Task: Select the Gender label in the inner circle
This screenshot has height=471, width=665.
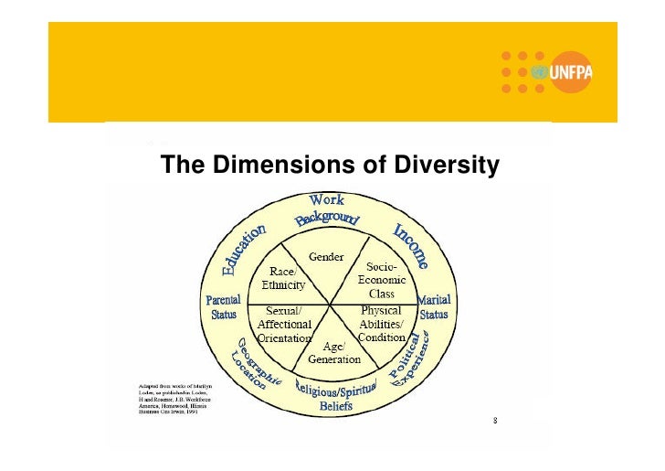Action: (x=326, y=257)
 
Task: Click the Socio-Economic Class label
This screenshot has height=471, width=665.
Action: (x=381, y=280)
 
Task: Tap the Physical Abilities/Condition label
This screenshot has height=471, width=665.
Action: (x=381, y=324)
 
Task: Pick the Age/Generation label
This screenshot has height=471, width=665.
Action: (x=333, y=352)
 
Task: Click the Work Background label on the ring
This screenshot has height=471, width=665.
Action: (x=327, y=210)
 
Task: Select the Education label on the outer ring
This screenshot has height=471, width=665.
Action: (x=244, y=250)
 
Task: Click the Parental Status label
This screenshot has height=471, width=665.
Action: (x=224, y=307)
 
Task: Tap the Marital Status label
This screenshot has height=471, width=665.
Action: (x=434, y=307)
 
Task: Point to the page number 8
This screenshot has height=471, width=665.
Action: (x=494, y=422)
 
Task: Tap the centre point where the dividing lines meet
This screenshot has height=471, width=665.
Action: (x=330, y=303)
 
